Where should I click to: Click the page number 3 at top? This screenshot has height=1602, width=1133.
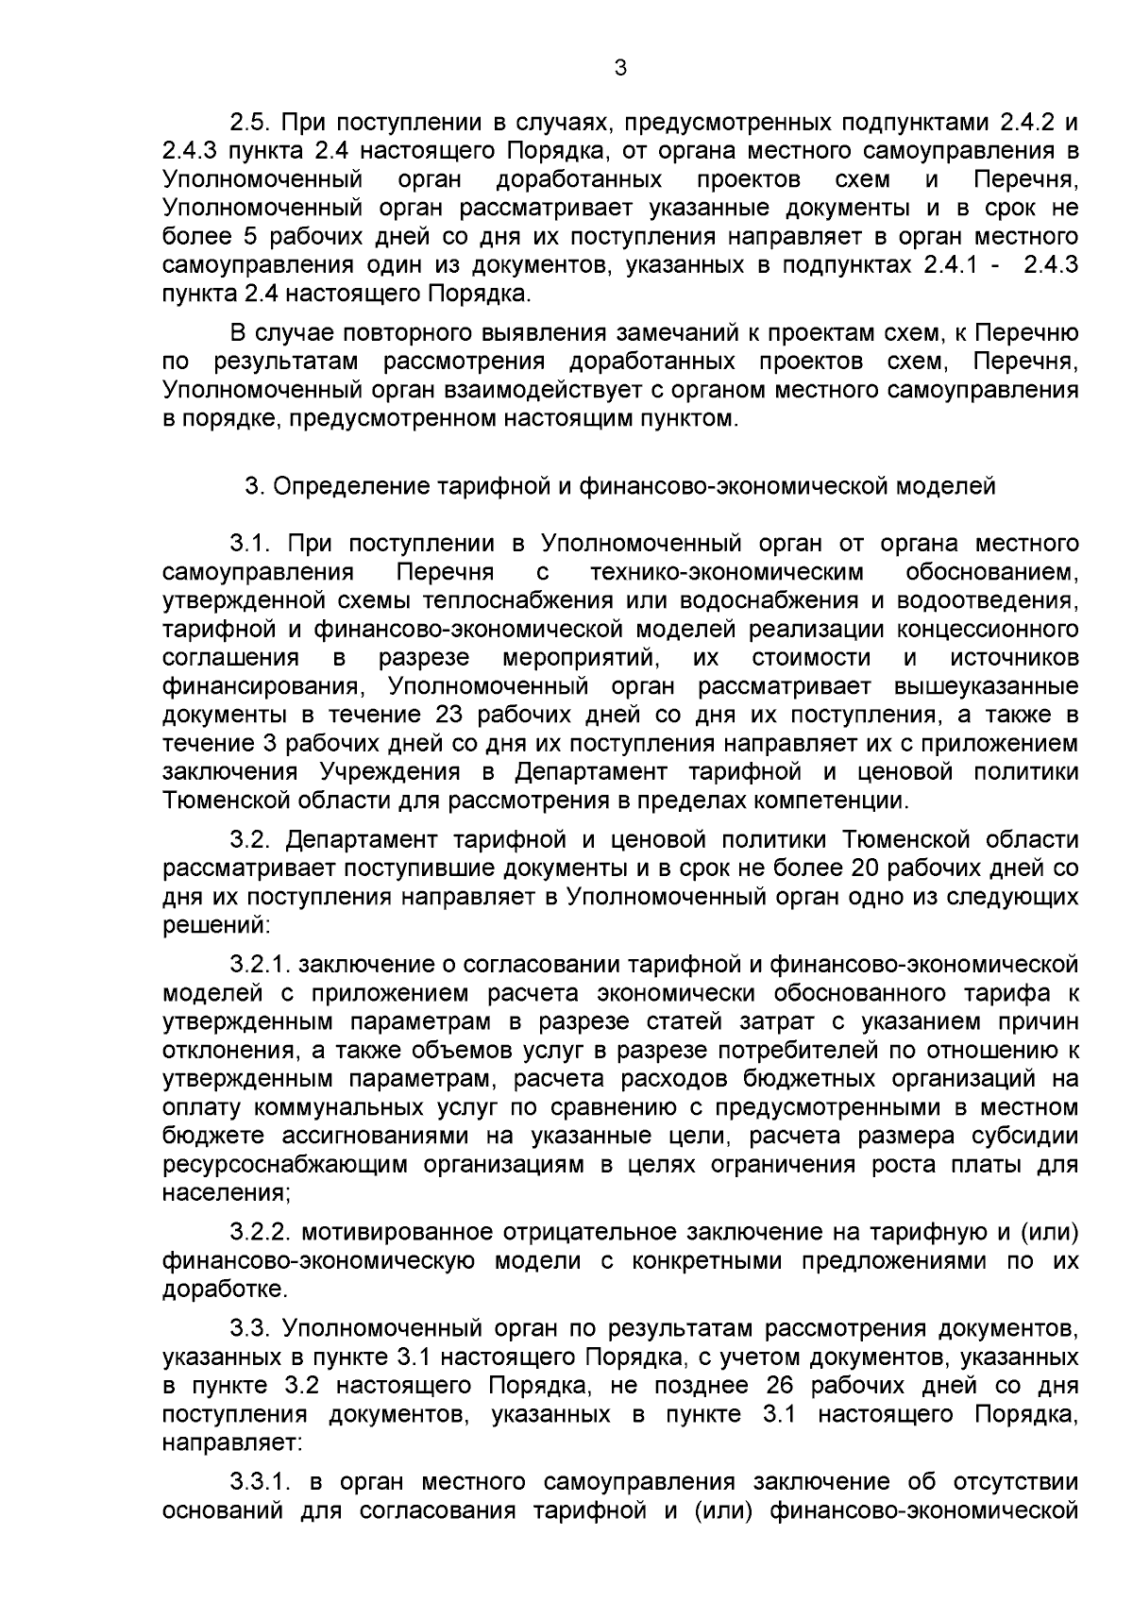[x=620, y=67]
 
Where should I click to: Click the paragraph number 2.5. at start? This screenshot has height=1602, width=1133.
[x=249, y=123]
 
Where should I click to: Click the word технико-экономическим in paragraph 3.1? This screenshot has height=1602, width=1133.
[x=727, y=572]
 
